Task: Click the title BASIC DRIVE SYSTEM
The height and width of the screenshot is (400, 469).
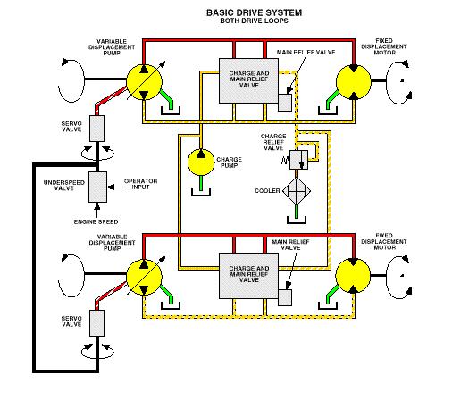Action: [254, 12]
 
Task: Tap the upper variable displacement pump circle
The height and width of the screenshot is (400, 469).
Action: [144, 82]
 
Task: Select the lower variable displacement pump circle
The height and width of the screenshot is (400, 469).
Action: [144, 277]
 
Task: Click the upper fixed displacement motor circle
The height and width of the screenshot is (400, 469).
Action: [354, 82]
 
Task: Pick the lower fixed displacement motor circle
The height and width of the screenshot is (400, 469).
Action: [353, 276]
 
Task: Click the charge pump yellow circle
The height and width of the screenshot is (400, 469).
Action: [201, 162]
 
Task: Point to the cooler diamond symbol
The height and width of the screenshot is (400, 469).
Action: [297, 191]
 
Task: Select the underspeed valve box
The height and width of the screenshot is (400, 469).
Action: [97, 187]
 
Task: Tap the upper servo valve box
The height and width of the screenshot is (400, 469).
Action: [96, 129]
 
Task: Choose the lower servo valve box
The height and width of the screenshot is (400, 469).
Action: [96, 323]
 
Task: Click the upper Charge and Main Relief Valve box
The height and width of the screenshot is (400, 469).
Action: [249, 80]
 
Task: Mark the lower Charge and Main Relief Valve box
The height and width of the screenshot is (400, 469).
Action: [249, 276]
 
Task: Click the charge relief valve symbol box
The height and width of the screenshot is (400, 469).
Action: [298, 160]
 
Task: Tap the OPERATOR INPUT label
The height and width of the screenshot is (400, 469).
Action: [140, 184]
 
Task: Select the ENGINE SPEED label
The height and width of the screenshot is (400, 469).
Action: [96, 221]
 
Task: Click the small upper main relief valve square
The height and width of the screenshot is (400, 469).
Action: [285, 103]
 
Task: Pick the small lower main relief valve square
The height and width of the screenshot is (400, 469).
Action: [285, 297]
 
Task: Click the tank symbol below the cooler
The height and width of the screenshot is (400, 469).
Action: [297, 220]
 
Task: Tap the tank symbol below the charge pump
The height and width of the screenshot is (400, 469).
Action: [201, 192]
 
